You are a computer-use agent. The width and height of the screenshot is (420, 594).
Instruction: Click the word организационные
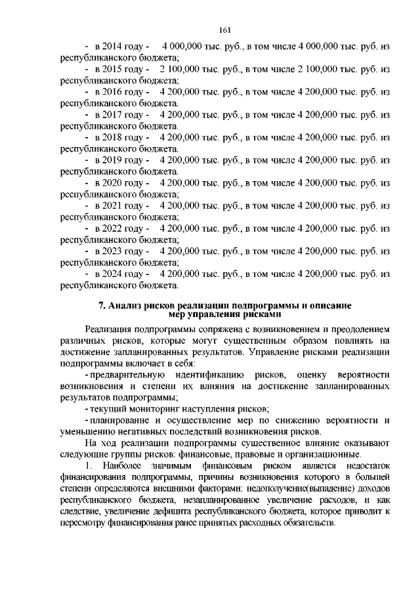coord(322,454)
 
